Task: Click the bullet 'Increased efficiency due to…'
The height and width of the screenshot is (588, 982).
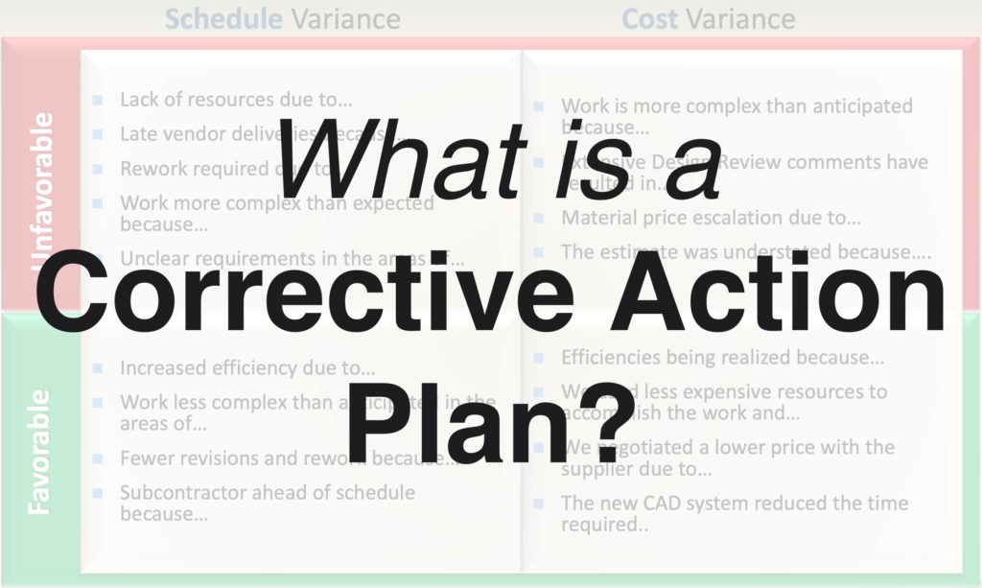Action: click(x=247, y=367)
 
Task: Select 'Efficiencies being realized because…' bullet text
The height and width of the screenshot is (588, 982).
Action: click(x=722, y=358)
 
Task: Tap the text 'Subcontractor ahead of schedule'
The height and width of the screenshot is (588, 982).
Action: click(x=267, y=493)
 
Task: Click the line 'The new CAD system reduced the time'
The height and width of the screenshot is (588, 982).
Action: click(x=734, y=503)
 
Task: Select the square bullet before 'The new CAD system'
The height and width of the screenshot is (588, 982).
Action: click(x=539, y=503)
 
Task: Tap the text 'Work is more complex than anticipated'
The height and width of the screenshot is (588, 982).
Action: click(x=736, y=106)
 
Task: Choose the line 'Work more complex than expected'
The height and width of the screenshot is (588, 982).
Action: click(x=276, y=203)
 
